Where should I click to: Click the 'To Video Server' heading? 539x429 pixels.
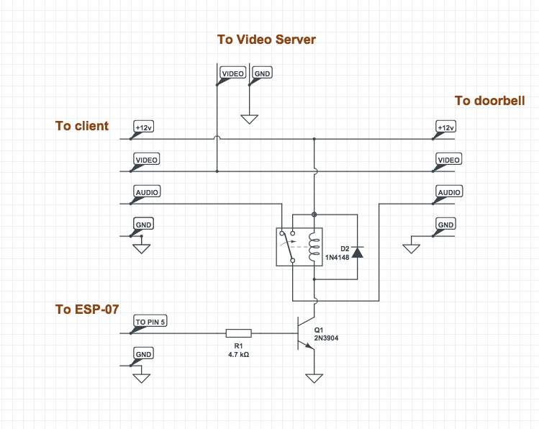pyautogui.click(x=266, y=40)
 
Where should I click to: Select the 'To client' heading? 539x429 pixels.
pyautogui.click(x=82, y=126)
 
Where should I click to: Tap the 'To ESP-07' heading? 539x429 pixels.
pyautogui.click(x=87, y=310)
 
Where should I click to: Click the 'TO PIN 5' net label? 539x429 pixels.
pyautogui.click(x=150, y=322)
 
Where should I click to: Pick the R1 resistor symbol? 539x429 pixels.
pyautogui.click(x=238, y=333)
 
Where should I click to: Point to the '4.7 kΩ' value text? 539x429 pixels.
pyautogui.click(x=238, y=355)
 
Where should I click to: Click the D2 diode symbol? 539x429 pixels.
pyautogui.click(x=357, y=250)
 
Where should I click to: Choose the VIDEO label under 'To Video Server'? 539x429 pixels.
pyautogui.click(x=232, y=73)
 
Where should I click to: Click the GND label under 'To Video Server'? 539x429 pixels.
pyautogui.click(x=263, y=73)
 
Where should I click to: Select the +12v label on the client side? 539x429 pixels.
pyautogui.click(x=144, y=127)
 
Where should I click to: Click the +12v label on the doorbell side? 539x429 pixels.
pyautogui.click(x=446, y=127)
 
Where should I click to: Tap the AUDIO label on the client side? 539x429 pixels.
pyautogui.click(x=147, y=192)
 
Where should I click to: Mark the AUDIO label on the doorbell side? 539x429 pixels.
pyautogui.click(x=449, y=192)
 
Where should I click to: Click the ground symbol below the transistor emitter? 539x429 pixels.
pyautogui.click(x=314, y=377)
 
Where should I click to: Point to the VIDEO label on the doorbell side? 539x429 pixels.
pyautogui.click(x=449, y=160)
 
